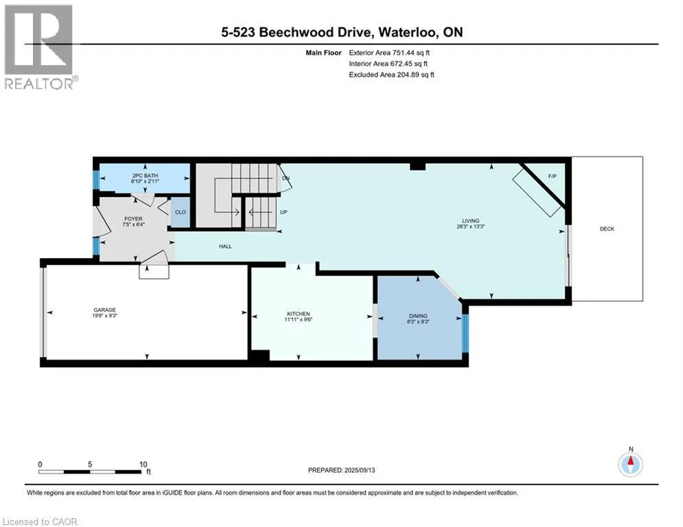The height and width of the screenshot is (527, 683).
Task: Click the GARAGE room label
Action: click(x=104, y=309)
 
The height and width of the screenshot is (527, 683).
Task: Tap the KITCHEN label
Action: click(x=299, y=314)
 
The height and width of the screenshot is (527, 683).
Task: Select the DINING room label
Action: click(x=418, y=316)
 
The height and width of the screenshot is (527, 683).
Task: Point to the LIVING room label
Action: click(x=471, y=221)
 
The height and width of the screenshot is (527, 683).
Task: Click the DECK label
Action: click(x=607, y=229)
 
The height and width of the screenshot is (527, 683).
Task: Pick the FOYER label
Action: click(x=133, y=219)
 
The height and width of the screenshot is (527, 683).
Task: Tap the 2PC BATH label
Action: click(x=145, y=176)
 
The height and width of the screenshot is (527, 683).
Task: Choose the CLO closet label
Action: click(x=181, y=212)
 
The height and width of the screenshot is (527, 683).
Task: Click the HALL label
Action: click(x=225, y=246)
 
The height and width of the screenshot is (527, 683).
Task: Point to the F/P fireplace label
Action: click(x=552, y=176)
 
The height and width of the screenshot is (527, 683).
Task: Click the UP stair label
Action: click(x=283, y=212)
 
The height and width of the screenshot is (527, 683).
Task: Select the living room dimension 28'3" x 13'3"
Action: click(x=471, y=226)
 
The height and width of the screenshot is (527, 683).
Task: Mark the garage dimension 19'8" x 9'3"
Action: click(x=104, y=316)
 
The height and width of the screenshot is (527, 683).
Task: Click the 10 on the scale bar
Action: click(x=143, y=465)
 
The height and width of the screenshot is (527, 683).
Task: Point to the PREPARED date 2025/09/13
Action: click(x=360, y=470)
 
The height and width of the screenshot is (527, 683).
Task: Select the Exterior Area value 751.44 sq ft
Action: click(x=411, y=53)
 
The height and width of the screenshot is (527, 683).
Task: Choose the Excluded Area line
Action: click(x=391, y=75)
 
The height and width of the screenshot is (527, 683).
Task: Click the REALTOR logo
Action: click(x=39, y=47)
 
